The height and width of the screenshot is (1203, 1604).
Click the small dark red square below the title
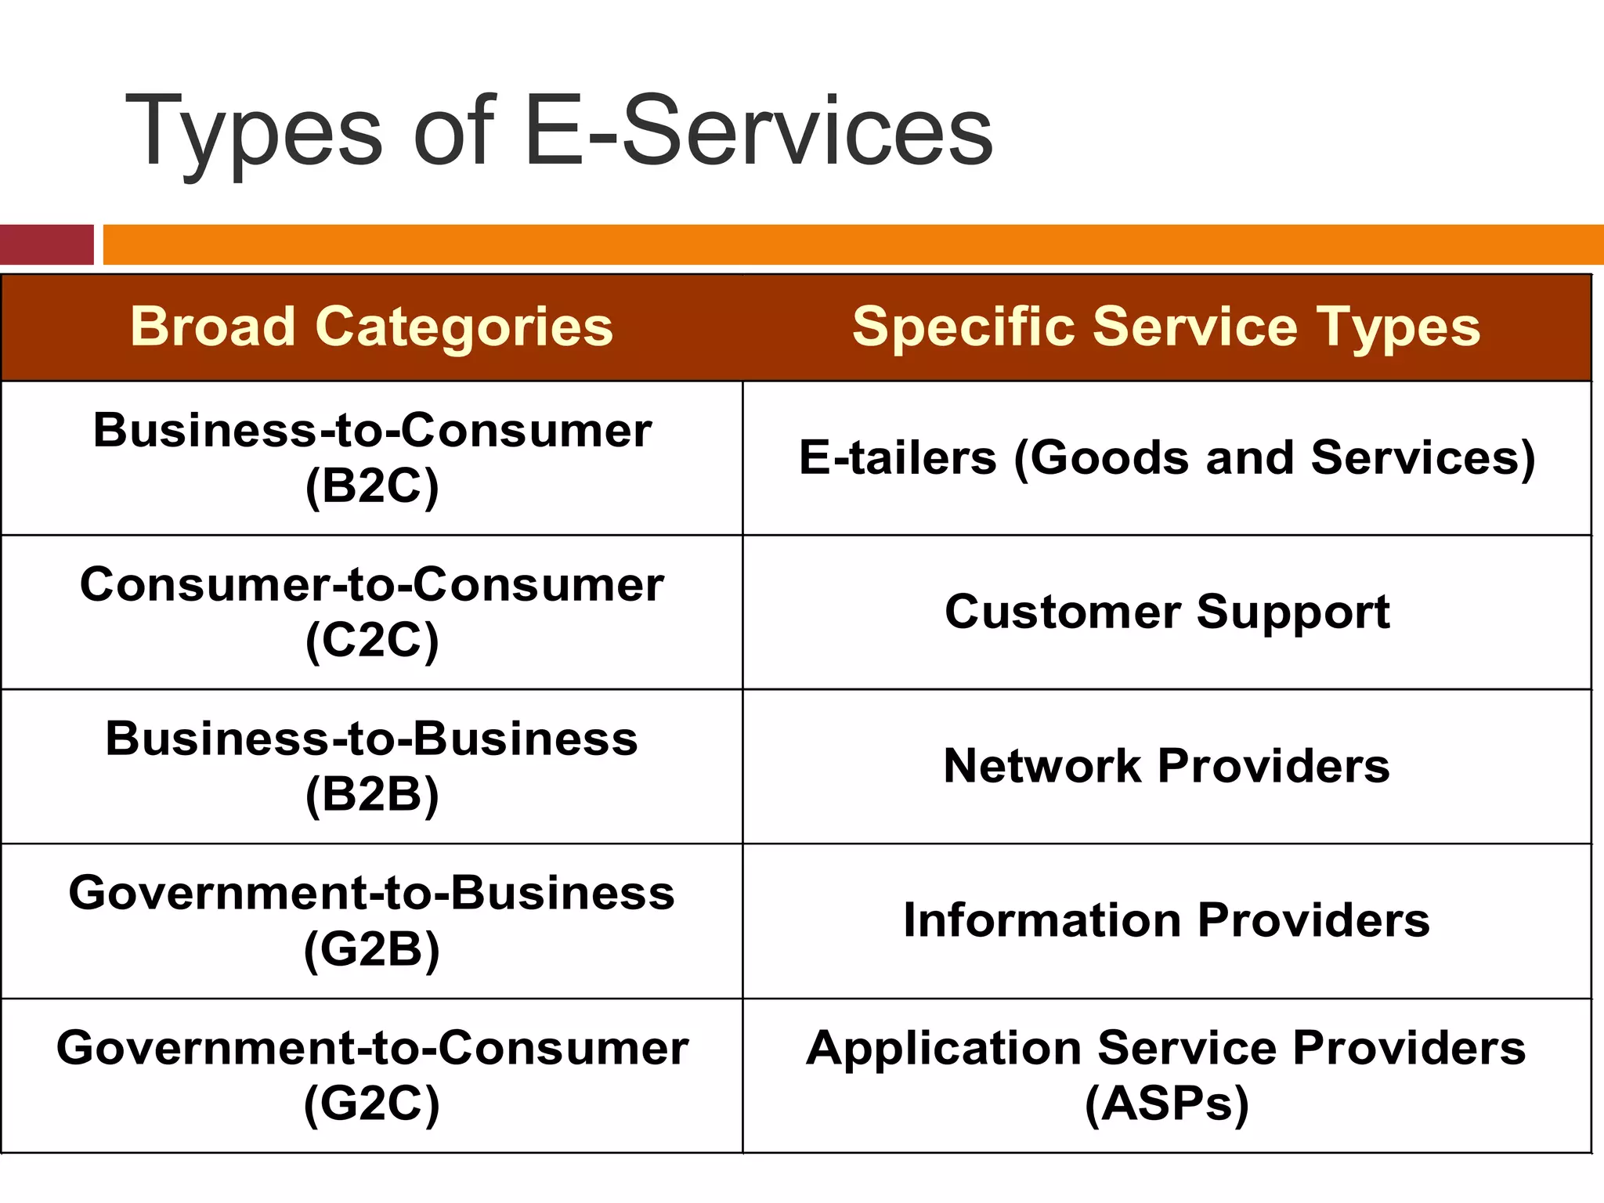pos(46,244)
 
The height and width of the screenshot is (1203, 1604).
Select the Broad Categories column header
pos(371,327)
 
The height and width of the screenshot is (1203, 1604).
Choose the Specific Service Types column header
pos(1166,327)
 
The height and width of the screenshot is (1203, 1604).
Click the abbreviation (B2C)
pos(372,486)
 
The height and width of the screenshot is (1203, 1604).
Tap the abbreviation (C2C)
pos(372,641)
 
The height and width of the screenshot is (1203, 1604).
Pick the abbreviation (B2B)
pos(372,795)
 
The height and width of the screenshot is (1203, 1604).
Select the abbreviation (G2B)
pos(372,949)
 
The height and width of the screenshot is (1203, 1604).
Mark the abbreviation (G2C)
pos(372,1104)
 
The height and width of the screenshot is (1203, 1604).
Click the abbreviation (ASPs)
pos(1166,1104)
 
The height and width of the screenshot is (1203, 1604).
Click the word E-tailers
pos(898,457)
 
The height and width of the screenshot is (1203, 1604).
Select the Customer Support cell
pos(1167,612)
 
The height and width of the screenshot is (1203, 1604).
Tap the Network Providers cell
pos(1166,766)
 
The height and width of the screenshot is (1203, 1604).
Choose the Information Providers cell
pos(1166,920)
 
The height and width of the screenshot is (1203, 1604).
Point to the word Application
pos(944,1048)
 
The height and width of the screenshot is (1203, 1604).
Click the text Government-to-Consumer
pos(372,1048)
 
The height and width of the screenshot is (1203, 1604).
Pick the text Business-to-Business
pos(372,739)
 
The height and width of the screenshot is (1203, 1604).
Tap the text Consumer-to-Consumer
pos(372,585)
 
